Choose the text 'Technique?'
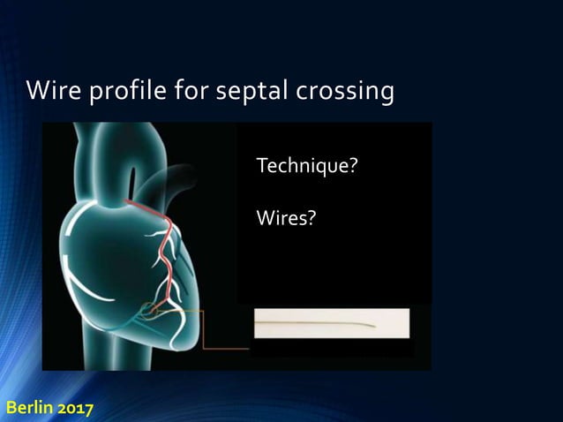pos(305,166)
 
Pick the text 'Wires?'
pos(284,216)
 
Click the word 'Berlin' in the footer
pos(31,409)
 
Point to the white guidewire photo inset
pos(332,323)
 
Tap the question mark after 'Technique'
pos(352,166)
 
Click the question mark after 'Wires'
pos(310,216)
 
